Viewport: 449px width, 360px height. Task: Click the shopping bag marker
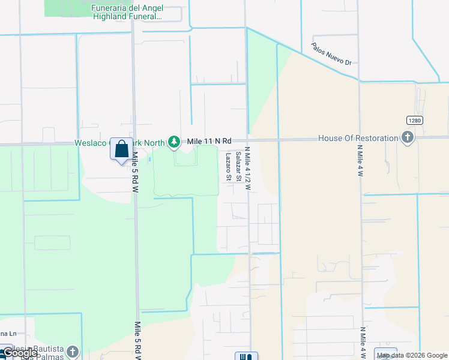click(x=121, y=148)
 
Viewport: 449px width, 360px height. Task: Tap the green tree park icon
click(x=174, y=142)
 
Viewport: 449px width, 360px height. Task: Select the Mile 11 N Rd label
click(x=209, y=140)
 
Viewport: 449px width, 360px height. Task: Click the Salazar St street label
click(x=238, y=166)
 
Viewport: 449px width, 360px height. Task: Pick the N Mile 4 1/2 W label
click(x=247, y=170)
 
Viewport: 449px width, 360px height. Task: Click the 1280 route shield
click(x=414, y=120)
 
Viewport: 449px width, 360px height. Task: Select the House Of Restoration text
click(x=358, y=138)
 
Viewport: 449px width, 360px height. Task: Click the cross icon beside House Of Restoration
click(x=408, y=138)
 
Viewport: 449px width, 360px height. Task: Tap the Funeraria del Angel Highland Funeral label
click(x=127, y=12)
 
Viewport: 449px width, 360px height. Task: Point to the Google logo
click(x=19, y=353)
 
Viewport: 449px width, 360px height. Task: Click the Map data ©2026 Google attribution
click(x=412, y=355)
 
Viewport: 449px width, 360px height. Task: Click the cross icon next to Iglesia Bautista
click(x=72, y=352)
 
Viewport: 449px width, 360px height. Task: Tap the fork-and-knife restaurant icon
click(x=246, y=356)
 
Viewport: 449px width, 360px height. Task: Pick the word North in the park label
click(x=153, y=143)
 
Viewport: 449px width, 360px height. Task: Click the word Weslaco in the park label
click(x=91, y=143)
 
